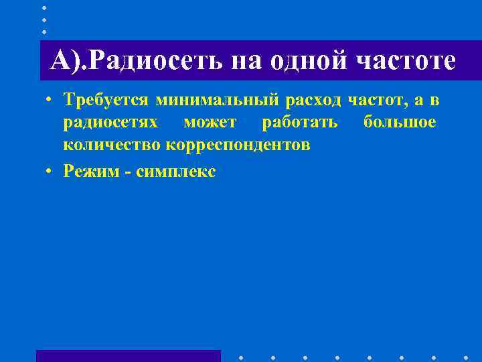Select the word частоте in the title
pos(406,62)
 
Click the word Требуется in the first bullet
pos(106,101)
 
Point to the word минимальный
pos(218,101)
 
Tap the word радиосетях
pos(111,123)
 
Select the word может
pos(210,123)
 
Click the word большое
pos(400,123)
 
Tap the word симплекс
pos(175,171)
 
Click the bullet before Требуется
pos(50,101)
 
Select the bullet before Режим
pos(50,171)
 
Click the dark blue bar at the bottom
pos(128,356)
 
